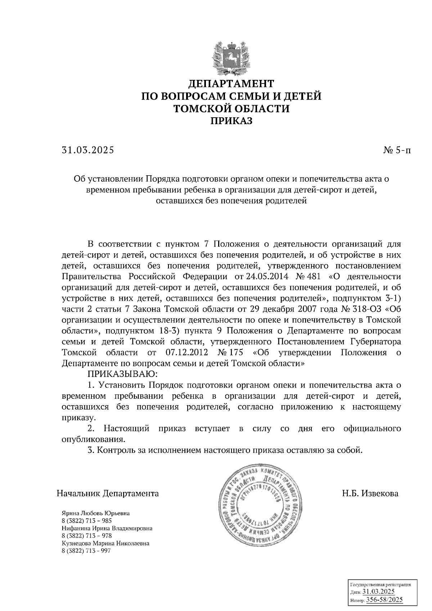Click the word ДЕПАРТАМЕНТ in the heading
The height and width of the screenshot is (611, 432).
pos(231,84)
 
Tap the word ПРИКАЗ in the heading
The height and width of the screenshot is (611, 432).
pos(231,121)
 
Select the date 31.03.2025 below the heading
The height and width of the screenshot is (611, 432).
pos(87,150)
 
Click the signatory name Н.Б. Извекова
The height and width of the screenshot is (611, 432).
pos(370,493)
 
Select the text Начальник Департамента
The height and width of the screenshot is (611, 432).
pos(108,493)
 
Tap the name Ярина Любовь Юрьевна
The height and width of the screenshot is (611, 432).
pos(96,513)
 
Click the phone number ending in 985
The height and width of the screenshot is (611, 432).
pos(87,521)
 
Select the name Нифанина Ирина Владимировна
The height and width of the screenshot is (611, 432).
pos(107,529)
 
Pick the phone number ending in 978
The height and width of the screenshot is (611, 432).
pos(87,536)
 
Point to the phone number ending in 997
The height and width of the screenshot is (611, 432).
pos(87,551)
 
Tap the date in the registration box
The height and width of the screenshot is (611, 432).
pos(378,592)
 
